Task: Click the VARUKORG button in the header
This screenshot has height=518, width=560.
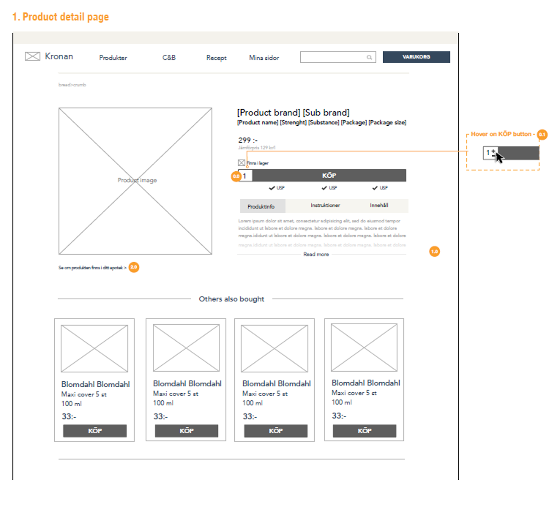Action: point(416,57)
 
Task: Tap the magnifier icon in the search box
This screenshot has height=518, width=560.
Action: point(369,58)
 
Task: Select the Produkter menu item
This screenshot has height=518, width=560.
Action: point(113,58)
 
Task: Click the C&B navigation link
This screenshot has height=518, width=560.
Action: point(169,58)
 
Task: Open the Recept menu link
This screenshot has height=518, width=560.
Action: point(216,58)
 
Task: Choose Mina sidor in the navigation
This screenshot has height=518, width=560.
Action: point(264,58)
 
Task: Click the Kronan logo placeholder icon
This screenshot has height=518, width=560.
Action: point(32,57)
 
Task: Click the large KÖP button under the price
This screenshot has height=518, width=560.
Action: point(329,175)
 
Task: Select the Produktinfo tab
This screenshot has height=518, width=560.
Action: point(261,206)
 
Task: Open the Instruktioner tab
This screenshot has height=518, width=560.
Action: point(325,205)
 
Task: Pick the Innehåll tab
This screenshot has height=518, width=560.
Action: point(379,205)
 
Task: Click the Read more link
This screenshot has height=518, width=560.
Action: point(316,254)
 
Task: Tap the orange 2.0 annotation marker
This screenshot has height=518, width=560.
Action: point(134,267)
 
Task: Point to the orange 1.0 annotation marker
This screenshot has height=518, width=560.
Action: point(434,251)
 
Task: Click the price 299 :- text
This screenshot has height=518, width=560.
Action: point(248,140)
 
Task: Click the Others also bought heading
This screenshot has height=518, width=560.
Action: point(231,299)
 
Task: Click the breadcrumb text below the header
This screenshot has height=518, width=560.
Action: point(72,85)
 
